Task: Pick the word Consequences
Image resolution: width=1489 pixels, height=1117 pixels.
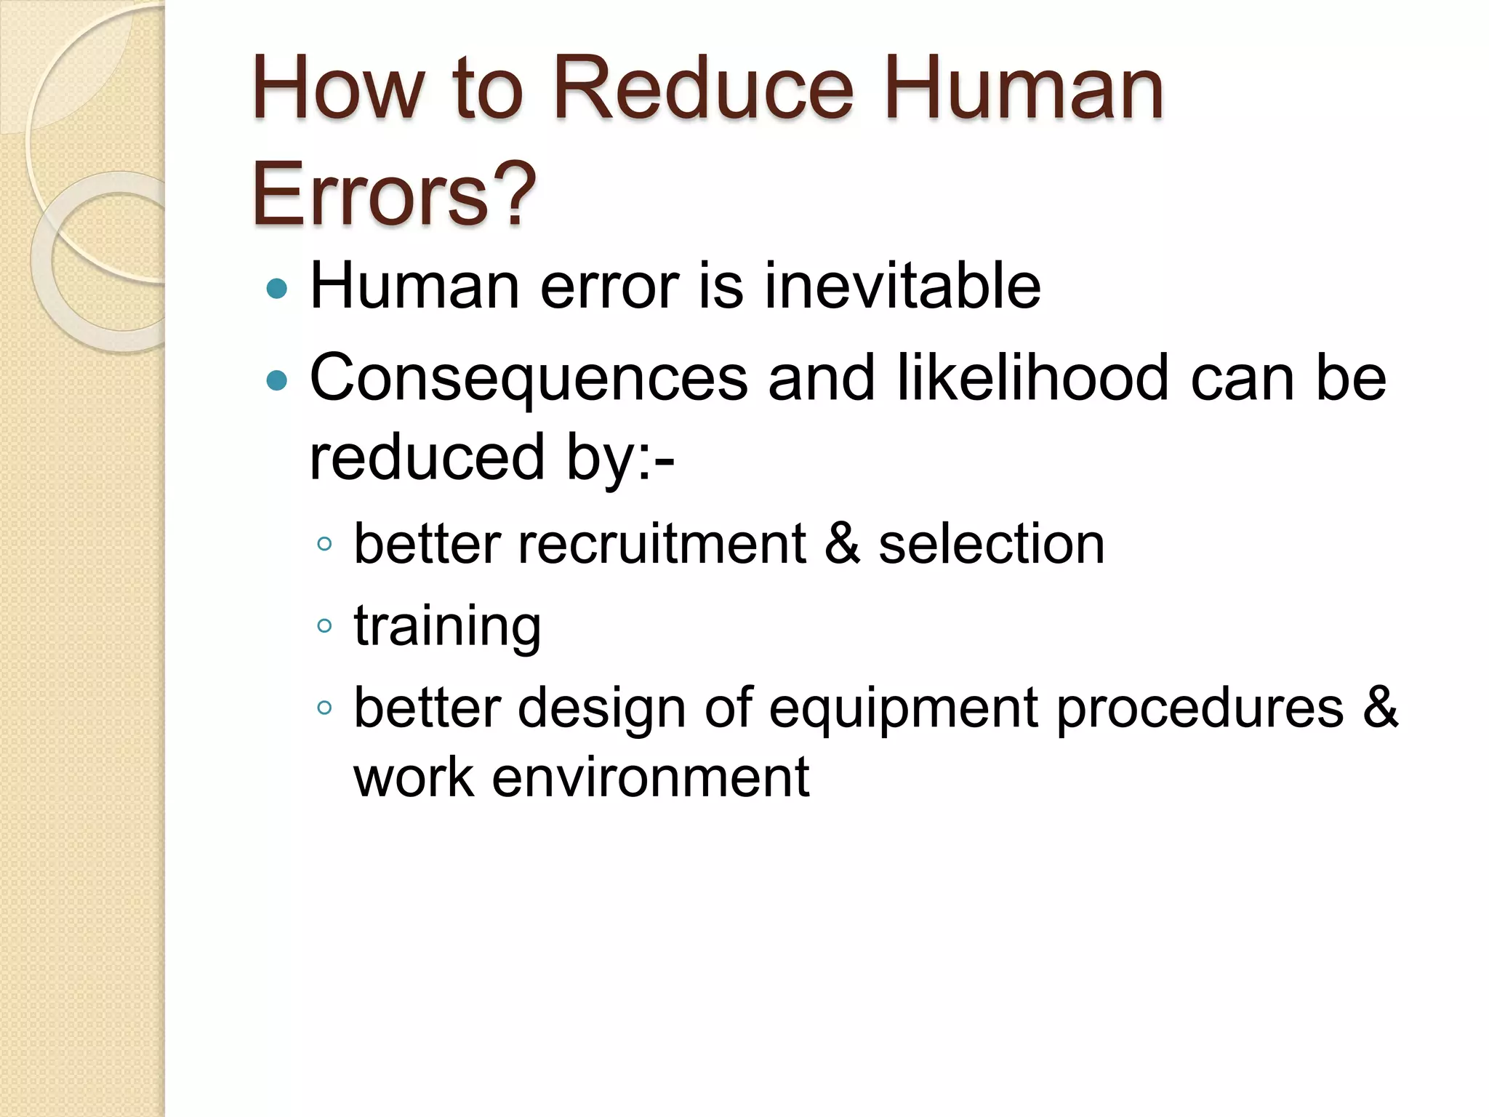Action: pyautogui.click(x=529, y=379)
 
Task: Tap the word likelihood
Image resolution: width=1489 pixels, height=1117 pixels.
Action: pyautogui.click(x=1032, y=377)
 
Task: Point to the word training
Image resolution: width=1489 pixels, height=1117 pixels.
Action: pyautogui.click(x=447, y=626)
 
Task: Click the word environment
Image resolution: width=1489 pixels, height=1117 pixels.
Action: pyautogui.click(x=650, y=777)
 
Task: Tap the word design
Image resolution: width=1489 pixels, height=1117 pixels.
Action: pyautogui.click(x=601, y=708)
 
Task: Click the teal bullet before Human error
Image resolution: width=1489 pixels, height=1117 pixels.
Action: pyautogui.click(x=277, y=289)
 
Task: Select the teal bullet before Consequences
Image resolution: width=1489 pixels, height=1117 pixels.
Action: pyautogui.click(x=277, y=380)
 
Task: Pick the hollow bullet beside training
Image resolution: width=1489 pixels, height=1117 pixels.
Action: pyautogui.click(x=325, y=625)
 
